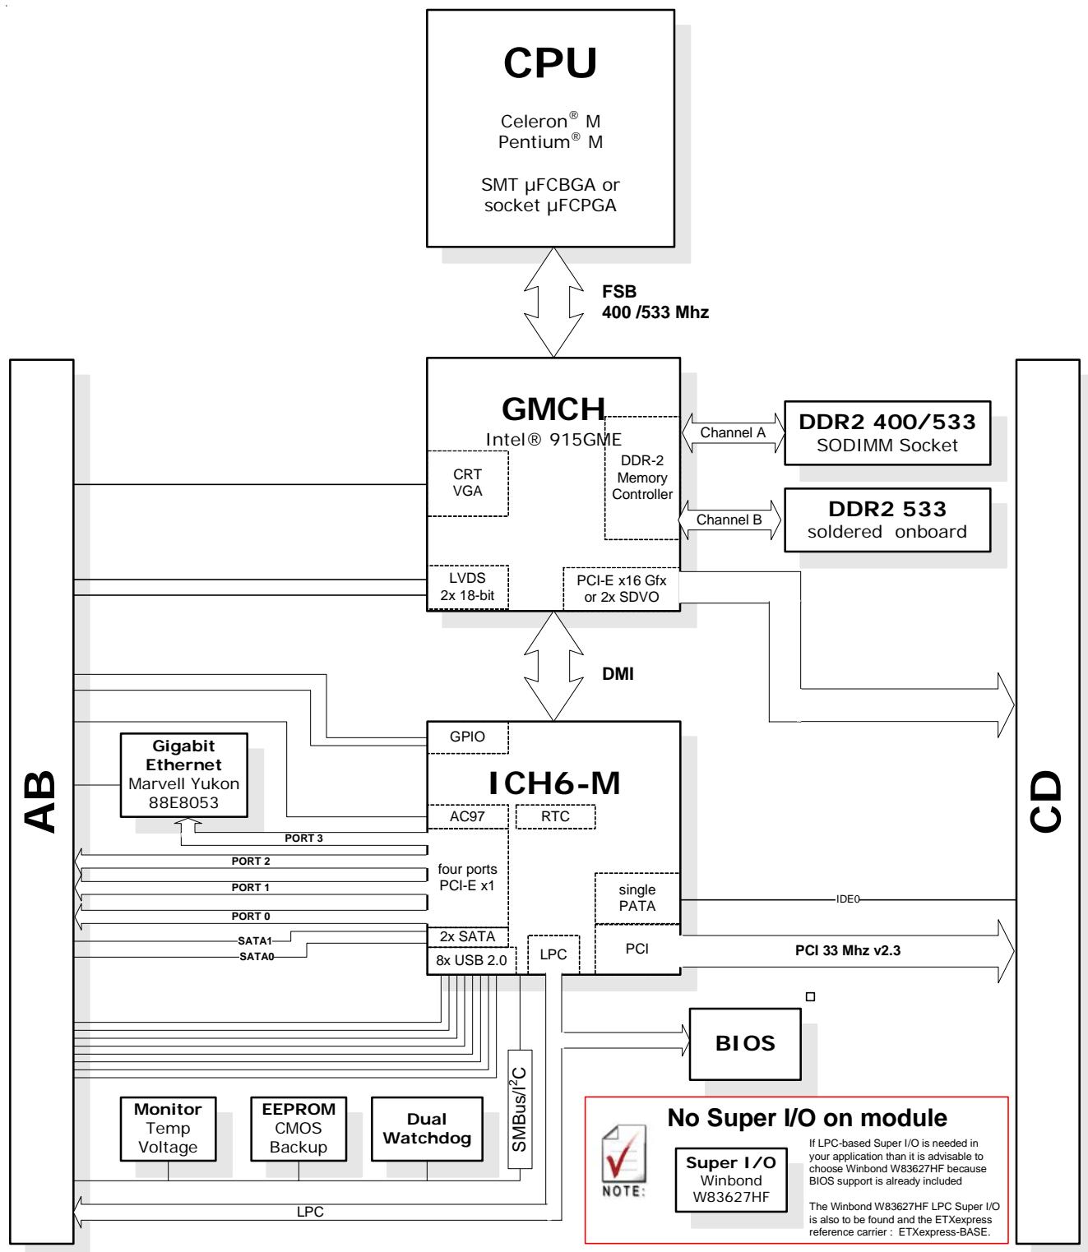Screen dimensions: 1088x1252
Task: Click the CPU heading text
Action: (549, 62)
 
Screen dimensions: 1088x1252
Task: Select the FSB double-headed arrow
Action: (553, 302)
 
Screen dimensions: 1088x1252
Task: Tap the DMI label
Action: (618, 674)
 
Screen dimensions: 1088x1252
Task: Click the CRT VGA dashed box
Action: (467, 483)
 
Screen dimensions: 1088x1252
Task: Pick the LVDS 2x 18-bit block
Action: (467, 587)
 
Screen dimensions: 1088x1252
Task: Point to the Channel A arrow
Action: (733, 432)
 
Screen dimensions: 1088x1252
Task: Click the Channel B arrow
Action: (729, 520)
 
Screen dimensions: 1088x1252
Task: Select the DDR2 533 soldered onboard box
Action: (887, 520)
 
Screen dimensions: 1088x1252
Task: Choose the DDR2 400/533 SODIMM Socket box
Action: (887, 432)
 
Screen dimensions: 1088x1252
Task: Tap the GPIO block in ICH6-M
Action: (467, 737)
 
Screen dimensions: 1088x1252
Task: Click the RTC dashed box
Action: (555, 816)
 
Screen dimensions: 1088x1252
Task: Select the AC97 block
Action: (467, 816)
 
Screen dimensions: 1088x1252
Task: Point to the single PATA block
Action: (637, 898)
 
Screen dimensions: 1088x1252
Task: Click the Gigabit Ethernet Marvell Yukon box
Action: (183, 774)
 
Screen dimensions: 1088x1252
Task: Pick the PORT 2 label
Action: (250, 861)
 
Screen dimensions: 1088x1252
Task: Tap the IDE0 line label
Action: (848, 899)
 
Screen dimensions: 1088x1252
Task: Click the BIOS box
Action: (745, 1042)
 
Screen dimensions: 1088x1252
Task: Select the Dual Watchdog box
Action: (427, 1129)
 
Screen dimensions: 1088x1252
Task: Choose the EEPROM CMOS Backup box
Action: (298, 1129)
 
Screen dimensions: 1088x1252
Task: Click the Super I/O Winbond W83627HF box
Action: (730, 1179)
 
